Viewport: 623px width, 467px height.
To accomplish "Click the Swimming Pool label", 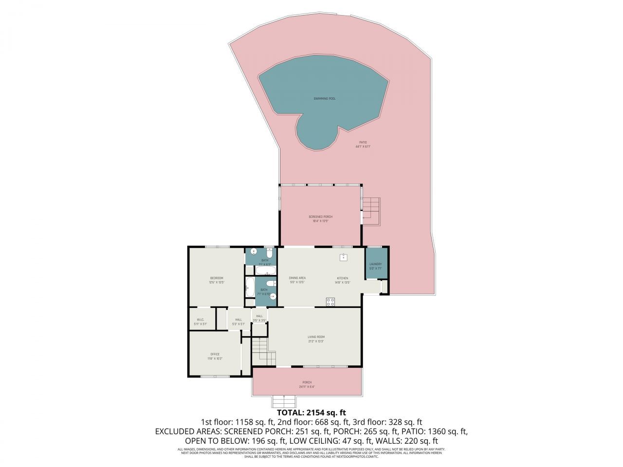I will [x=324, y=98].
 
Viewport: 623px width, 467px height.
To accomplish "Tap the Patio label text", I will [x=363, y=143].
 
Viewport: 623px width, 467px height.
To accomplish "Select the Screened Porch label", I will [x=320, y=217].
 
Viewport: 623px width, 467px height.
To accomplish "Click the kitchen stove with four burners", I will [x=330, y=302].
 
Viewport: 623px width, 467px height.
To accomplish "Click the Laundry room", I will [x=376, y=264].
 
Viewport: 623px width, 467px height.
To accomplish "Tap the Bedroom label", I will [x=216, y=278].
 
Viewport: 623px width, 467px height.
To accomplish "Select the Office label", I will [x=215, y=355].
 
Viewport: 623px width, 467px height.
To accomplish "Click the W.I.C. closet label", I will [x=200, y=320].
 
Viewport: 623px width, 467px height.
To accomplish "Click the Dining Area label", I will [x=297, y=278].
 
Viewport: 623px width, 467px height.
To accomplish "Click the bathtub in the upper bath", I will [x=266, y=270].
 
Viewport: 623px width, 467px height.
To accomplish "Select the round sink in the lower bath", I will [x=273, y=296].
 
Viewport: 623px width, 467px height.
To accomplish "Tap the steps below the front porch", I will [x=284, y=402].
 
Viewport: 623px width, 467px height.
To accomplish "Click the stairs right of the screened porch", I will [x=371, y=210].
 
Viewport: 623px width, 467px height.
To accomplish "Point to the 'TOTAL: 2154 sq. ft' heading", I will [x=311, y=413].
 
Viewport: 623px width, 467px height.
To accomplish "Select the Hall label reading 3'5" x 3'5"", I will [x=259, y=317].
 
